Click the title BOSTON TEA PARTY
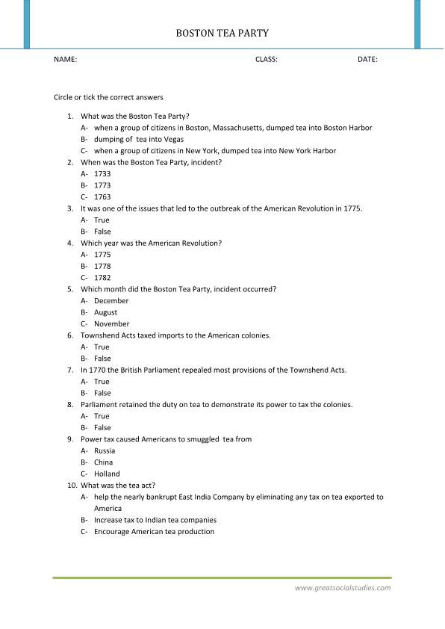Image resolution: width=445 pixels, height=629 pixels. coord(222,34)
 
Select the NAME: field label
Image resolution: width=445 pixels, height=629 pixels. coord(66,59)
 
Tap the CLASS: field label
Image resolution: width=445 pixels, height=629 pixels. coord(267,59)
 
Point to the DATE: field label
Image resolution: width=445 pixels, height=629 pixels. coord(367,59)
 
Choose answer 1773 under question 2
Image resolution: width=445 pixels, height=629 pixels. coord(102,185)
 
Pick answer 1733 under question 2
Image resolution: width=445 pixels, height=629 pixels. coord(102,174)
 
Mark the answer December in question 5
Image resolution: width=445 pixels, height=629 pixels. coord(111,301)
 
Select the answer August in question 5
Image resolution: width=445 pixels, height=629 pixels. coord(105,312)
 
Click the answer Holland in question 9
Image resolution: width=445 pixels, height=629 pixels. coord(107,474)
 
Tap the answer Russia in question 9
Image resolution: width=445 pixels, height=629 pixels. coord(105,450)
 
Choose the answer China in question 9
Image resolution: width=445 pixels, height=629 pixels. coord(104,462)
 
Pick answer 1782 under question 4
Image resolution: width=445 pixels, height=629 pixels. coord(102,278)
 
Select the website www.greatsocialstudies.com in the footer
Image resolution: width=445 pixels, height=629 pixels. coord(343,588)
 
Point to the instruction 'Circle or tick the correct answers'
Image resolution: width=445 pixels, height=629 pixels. coord(108,97)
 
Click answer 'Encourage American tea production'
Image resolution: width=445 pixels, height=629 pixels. coord(154,531)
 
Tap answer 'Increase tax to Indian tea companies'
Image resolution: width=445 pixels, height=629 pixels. coord(155,520)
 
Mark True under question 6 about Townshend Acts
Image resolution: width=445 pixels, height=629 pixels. coord(102,347)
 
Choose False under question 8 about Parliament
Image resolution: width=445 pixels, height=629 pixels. coord(102,428)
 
